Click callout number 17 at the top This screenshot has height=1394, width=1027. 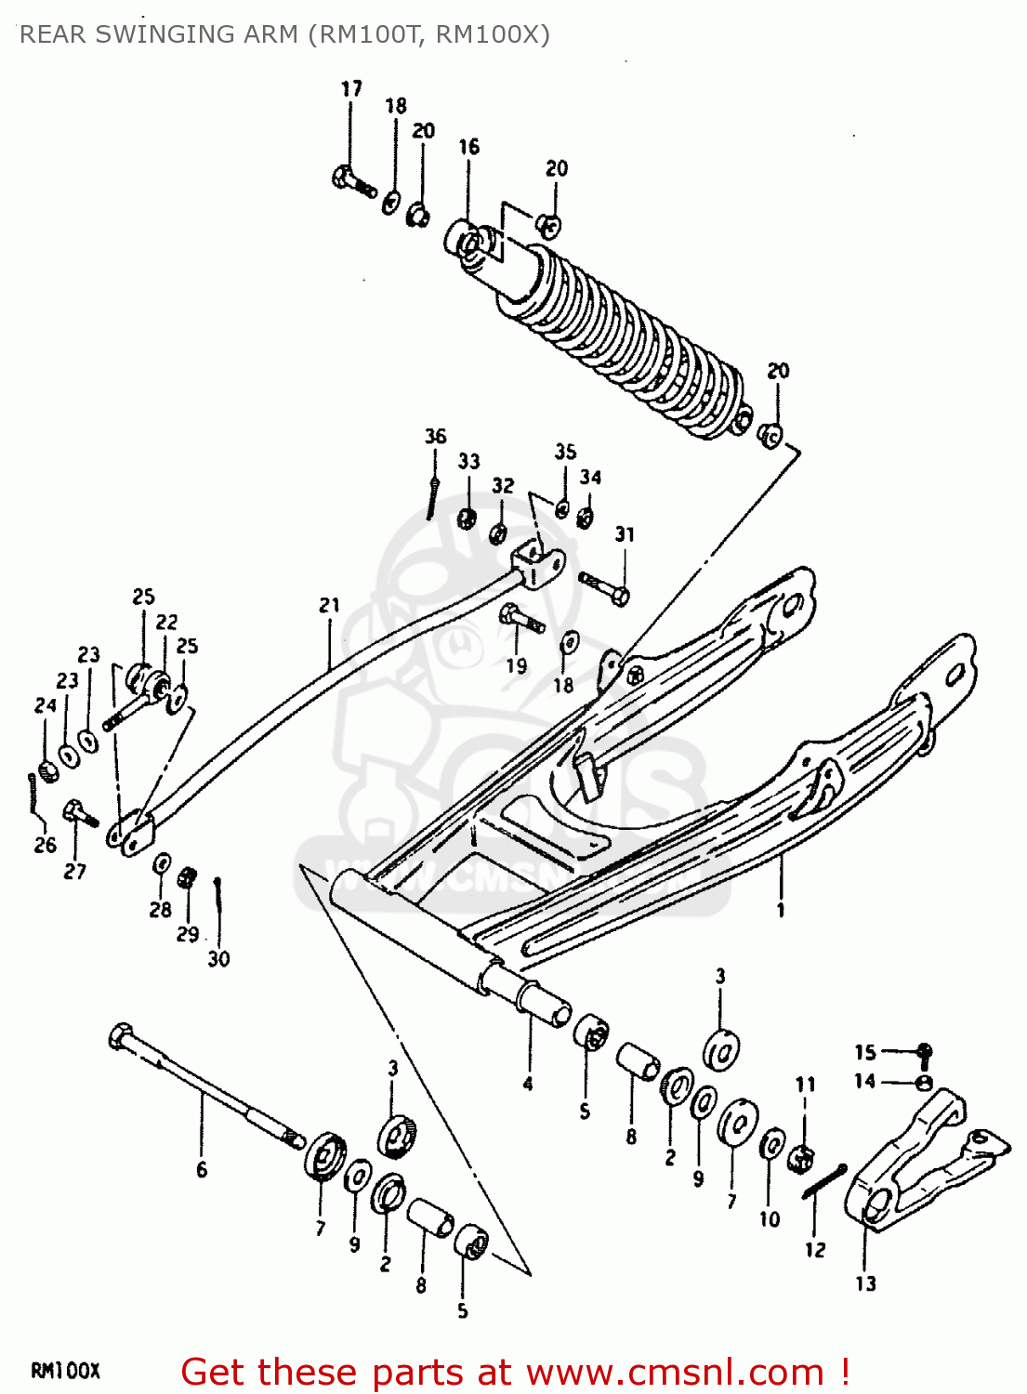click(351, 89)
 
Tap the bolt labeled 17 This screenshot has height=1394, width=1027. click(352, 180)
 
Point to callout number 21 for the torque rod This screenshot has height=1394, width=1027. click(330, 606)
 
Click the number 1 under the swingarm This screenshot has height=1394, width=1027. click(781, 910)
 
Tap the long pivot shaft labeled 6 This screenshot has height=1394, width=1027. click(204, 1083)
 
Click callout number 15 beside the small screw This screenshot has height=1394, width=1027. click(865, 1052)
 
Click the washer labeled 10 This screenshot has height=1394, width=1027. click(771, 1146)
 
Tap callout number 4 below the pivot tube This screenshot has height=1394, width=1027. click(528, 1084)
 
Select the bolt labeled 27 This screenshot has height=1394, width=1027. click(80, 815)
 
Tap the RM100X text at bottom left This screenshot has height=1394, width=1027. click(65, 1371)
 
